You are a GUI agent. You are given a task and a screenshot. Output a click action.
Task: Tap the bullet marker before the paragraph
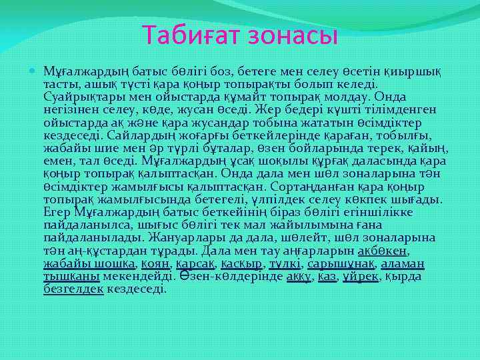point(34,71)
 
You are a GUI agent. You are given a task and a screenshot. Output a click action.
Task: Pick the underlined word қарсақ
point(195,263)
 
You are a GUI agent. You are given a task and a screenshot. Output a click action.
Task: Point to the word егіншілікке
point(376,212)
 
